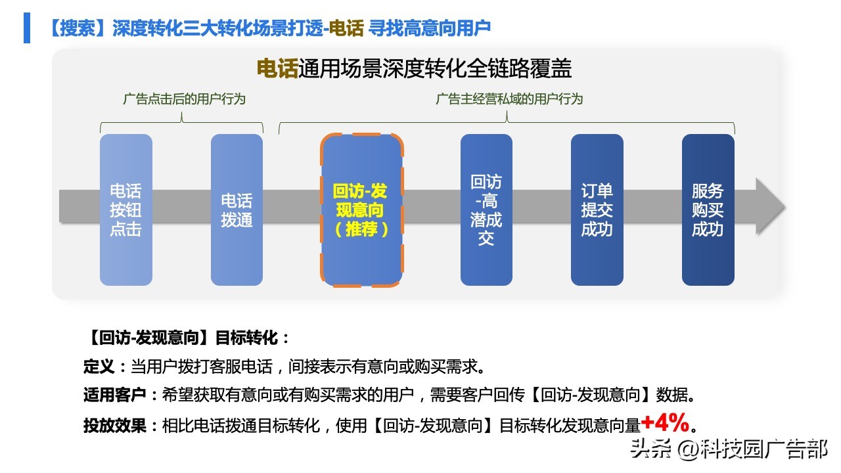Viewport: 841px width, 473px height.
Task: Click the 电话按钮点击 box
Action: point(125,210)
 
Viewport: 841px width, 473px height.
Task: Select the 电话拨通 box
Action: point(237,210)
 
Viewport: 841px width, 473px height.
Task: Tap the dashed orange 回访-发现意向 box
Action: point(361,210)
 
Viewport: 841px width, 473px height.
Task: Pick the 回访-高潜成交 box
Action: point(486,210)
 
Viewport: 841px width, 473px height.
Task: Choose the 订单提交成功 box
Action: point(597,210)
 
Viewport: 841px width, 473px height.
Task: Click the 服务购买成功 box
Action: point(708,210)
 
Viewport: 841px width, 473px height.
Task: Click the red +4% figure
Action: point(665,421)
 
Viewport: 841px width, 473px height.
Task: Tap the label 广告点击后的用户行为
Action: point(184,99)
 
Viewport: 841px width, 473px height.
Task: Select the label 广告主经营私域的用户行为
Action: point(509,99)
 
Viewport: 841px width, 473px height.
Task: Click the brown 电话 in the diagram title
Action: point(277,69)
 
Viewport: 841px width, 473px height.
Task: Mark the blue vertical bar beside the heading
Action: point(27,28)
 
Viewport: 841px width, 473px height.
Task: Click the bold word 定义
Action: point(99,366)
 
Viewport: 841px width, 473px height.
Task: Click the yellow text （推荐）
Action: point(361,229)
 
